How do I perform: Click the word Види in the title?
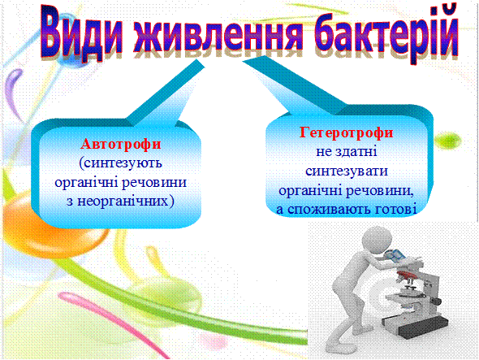pos(81,33)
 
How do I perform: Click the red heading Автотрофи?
pos(121,144)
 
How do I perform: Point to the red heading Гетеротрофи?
pos(346,132)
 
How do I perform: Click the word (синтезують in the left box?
pos(120,163)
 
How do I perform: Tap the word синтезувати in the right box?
pos(347,171)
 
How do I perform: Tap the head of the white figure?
pos(377,241)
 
